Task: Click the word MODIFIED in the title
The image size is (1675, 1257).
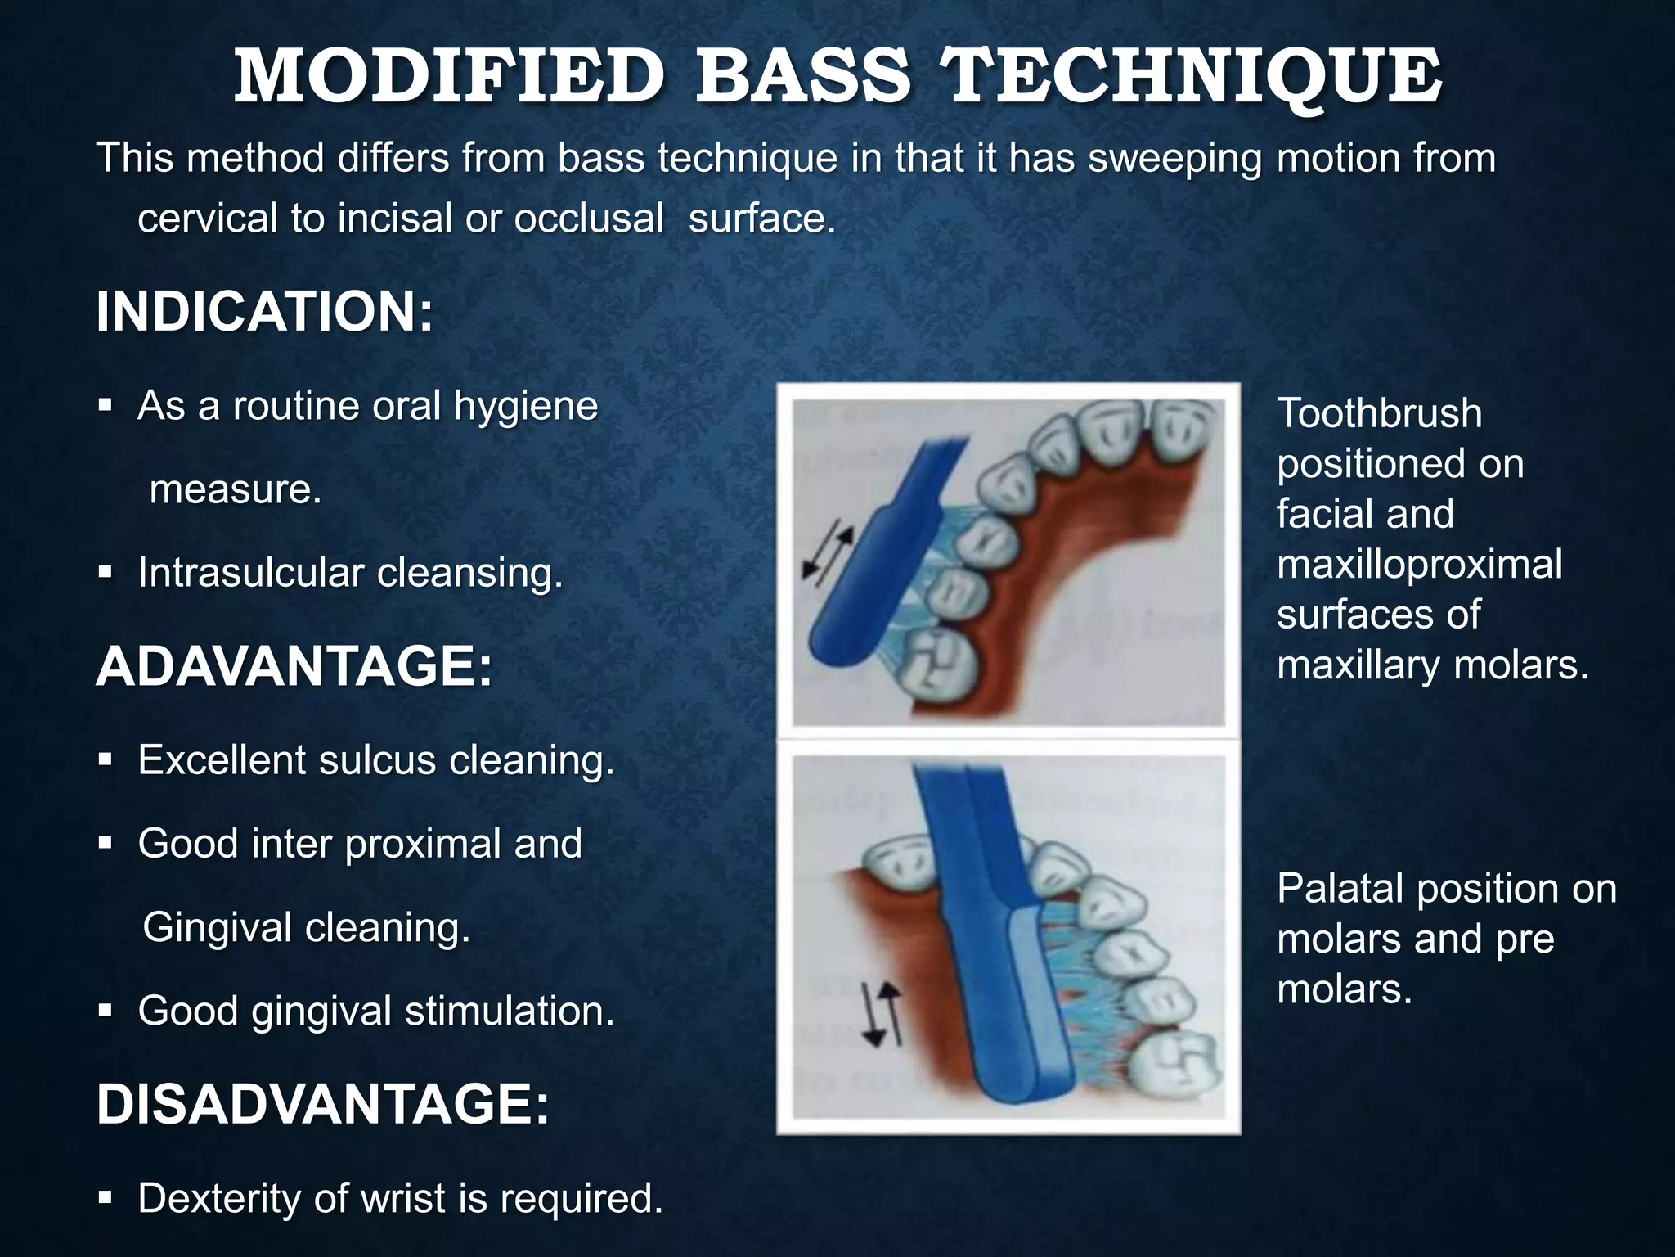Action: [x=448, y=77]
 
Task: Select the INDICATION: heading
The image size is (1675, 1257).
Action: [x=264, y=312]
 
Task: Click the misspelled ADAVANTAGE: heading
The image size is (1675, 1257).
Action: [x=294, y=666]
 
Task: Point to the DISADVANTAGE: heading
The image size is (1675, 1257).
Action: [x=322, y=1104]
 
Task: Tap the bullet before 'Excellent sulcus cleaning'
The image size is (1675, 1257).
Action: [x=105, y=760]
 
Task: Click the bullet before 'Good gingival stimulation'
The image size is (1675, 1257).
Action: [x=105, y=1011]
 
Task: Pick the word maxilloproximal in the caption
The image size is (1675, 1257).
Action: [x=1419, y=564]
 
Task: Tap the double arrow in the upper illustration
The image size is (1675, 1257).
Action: [x=827, y=556]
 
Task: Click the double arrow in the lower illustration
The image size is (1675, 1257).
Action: [x=882, y=1015]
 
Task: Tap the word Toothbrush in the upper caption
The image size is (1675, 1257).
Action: [x=1379, y=412]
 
